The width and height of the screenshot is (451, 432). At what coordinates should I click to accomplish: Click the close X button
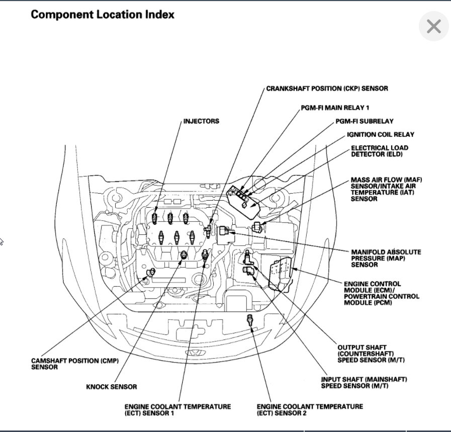(x=433, y=27)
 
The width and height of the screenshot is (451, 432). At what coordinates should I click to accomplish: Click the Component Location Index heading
(x=103, y=15)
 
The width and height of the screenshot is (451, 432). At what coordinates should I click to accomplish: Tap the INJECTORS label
(x=201, y=121)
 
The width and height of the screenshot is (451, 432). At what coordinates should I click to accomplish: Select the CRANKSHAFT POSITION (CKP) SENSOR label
(x=327, y=89)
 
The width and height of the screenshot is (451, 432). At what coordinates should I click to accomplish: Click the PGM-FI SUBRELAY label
(x=365, y=121)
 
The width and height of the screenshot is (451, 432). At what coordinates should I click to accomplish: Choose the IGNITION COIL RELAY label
(x=381, y=135)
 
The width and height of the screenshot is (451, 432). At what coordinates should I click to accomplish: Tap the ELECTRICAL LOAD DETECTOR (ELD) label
(x=379, y=151)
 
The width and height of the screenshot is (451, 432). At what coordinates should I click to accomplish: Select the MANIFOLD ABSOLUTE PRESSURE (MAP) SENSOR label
(x=386, y=258)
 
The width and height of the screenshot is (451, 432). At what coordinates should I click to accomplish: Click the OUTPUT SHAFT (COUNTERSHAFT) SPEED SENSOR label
(x=369, y=354)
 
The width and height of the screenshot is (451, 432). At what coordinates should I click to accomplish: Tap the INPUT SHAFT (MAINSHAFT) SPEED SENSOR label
(x=364, y=382)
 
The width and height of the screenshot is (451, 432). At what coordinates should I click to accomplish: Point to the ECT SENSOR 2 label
(x=309, y=409)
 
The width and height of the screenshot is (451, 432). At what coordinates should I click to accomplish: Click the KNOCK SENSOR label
(x=111, y=387)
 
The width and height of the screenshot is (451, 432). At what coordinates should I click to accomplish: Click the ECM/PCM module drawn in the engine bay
(x=280, y=274)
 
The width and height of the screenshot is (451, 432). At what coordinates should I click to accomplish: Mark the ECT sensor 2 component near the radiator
(x=249, y=319)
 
